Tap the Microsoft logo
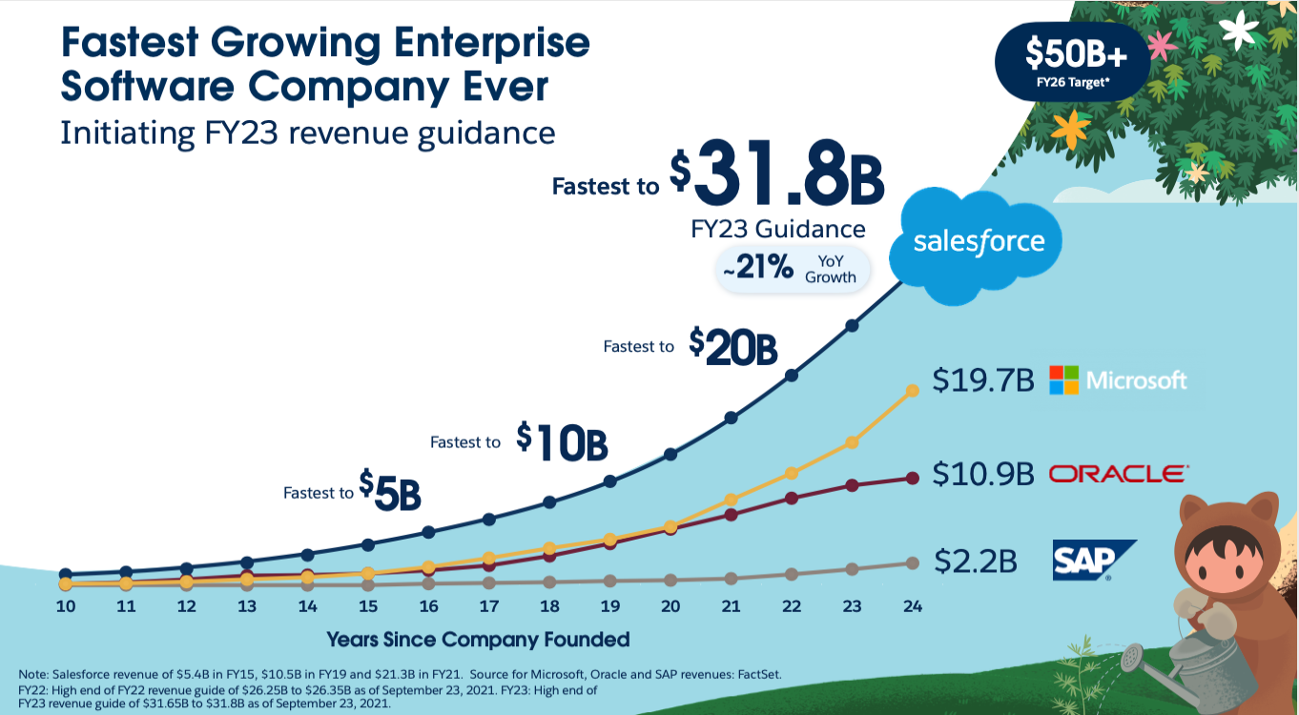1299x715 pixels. (1118, 380)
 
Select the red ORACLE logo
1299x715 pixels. (1118, 474)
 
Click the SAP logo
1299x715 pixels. (1093, 561)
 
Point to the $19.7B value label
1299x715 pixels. (982, 381)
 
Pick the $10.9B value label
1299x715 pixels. (982, 474)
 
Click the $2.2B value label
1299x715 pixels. (975, 562)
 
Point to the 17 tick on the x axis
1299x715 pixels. (488, 606)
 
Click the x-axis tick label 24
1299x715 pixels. (912, 606)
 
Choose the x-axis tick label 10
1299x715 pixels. (65, 606)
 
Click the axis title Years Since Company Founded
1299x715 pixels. (478, 639)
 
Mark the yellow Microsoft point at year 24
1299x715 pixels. (913, 390)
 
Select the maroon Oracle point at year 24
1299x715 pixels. (913, 478)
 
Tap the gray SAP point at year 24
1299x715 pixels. (913, 562)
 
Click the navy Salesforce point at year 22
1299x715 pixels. (791, 376)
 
